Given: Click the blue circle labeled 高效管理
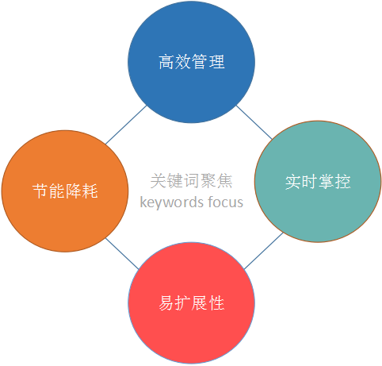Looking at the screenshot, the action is pos(191,62).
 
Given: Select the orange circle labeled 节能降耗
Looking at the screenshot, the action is pos(65,191).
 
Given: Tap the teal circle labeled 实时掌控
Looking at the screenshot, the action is pos(318,182).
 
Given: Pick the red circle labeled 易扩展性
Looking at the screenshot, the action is pos(192,302).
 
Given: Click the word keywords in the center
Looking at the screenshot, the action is pos(172,202).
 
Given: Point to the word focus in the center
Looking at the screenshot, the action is pos(225,202).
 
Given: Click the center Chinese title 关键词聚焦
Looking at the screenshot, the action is pos(192,181).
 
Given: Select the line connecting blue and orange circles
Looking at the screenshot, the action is pos(126,125).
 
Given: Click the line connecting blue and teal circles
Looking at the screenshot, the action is pos(254,122).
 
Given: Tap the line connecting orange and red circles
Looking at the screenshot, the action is pos(122,254).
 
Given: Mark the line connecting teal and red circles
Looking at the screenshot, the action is pos(263,251).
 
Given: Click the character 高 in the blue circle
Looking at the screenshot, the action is pos(166,62).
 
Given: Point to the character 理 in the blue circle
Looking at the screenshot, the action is pos(216,62).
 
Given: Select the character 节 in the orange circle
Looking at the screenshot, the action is pos(40,191).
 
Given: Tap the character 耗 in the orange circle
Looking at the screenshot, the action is pos(90,191).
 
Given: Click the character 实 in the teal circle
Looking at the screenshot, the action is pos(293,182).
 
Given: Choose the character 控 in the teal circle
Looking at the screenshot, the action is pos(342,182).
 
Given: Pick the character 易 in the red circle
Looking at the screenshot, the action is pos(166,302).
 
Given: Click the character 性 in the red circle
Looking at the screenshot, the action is pos(216,302).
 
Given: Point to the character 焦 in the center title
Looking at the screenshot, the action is pos(224,181).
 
